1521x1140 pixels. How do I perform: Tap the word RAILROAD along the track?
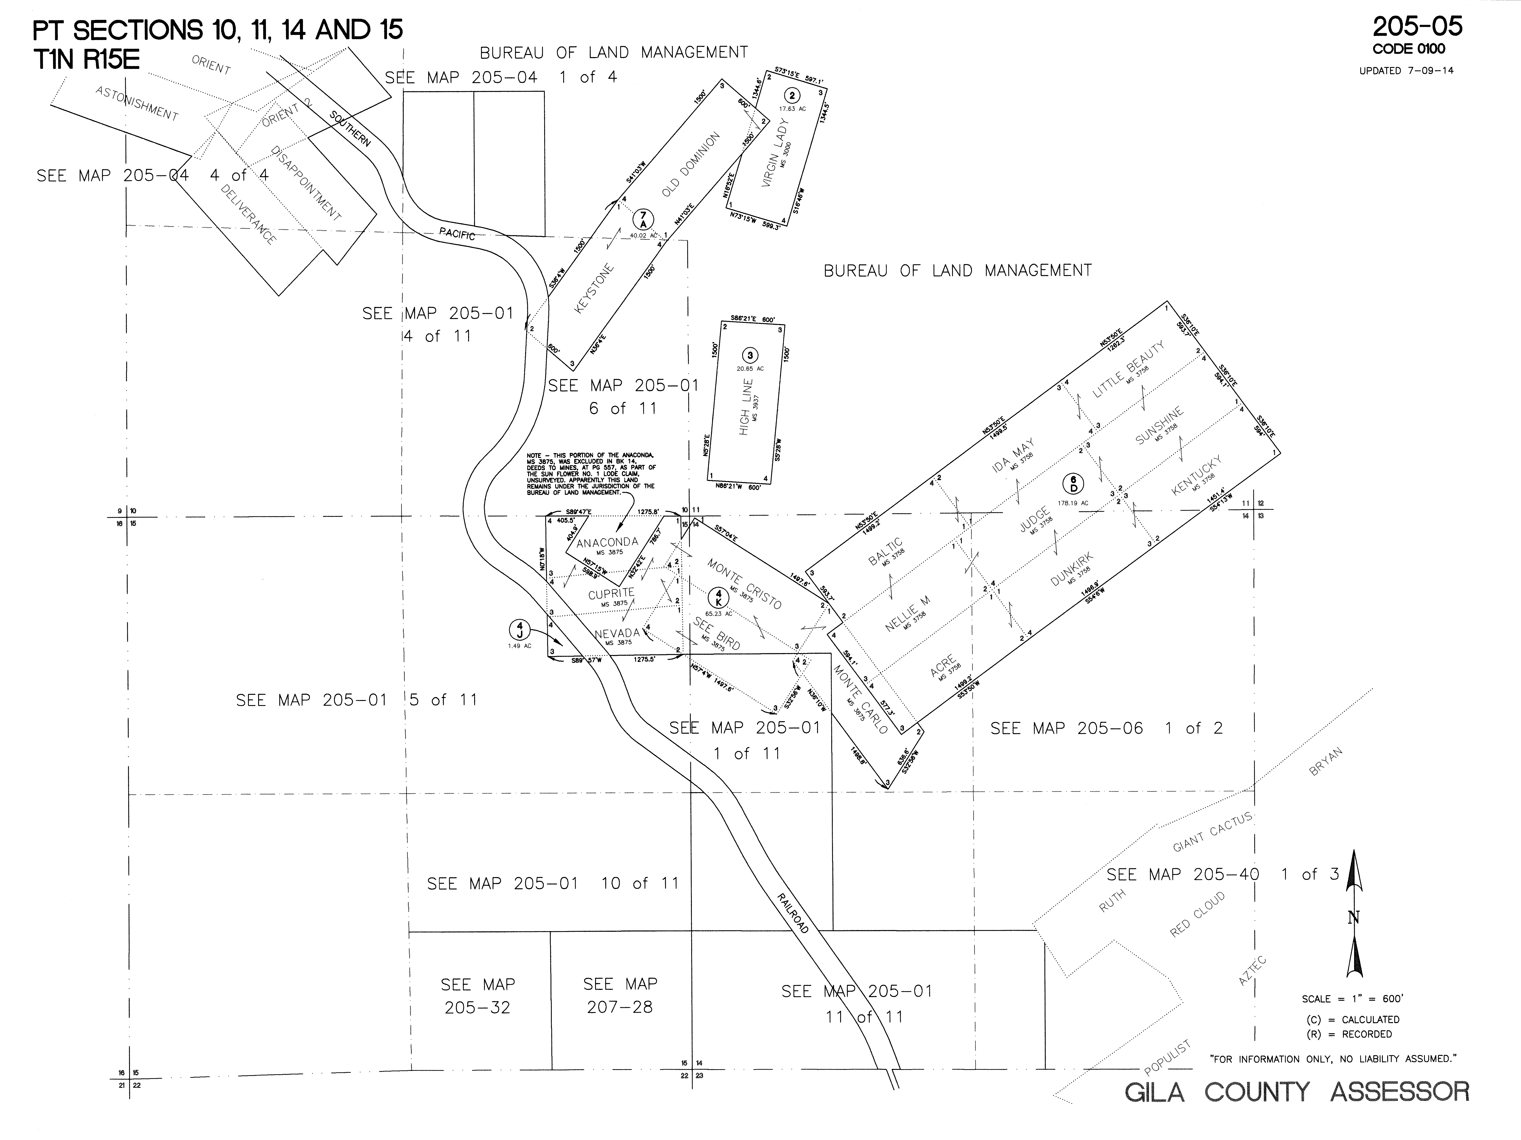(792, 913)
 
